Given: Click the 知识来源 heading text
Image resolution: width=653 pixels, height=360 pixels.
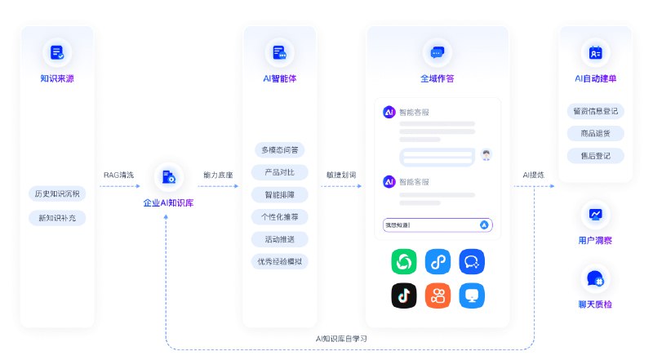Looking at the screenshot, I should click(57, 79).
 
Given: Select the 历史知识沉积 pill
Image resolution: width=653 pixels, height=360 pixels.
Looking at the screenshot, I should click(57, 194).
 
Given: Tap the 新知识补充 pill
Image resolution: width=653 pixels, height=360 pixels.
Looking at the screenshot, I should click(57, 218).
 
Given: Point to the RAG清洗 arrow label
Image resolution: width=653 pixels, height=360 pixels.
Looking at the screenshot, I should click(118, 175).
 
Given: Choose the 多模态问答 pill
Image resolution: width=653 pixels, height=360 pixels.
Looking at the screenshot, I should click(279, 150).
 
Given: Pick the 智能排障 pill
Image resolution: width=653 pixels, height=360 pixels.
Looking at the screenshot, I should click(279, 195).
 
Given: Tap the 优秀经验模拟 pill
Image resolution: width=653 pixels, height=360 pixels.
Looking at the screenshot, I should click(279, 262).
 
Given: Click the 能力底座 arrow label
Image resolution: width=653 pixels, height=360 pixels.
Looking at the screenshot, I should click(218, 175).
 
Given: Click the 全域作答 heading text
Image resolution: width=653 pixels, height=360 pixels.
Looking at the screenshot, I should click(437, 79).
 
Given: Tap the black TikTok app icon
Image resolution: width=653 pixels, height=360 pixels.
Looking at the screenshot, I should click(404, 296).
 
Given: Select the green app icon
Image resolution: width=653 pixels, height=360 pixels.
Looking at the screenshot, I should click(404, 262).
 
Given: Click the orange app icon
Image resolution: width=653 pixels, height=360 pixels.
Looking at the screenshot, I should click(438, 296).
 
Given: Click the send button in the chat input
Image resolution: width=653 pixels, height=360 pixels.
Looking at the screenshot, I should click(484, 224).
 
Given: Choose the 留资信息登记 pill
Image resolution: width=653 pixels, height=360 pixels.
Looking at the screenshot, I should click(594, 111).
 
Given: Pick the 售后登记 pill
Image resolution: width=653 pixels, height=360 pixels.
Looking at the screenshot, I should click(594, 155).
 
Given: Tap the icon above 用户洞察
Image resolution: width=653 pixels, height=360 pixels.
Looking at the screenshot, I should click(594, 215).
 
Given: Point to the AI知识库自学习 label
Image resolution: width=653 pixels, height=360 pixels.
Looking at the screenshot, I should click(341, 338).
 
